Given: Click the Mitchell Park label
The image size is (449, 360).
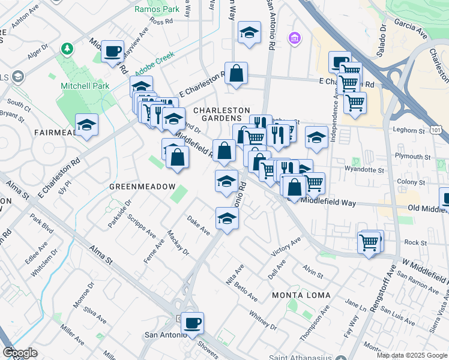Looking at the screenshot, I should pos(85,86).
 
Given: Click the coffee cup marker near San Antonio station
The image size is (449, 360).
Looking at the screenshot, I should pos(192,323).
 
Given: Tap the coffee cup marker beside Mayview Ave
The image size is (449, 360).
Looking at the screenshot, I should pos(112,52).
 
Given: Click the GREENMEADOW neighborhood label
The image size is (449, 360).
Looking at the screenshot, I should pos(142,187).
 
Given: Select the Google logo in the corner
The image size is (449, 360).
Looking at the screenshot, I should pos(20,353).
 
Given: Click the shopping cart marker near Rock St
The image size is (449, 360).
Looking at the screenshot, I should pos(369,243).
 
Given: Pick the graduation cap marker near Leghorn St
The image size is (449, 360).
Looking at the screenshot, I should pos(316,137).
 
